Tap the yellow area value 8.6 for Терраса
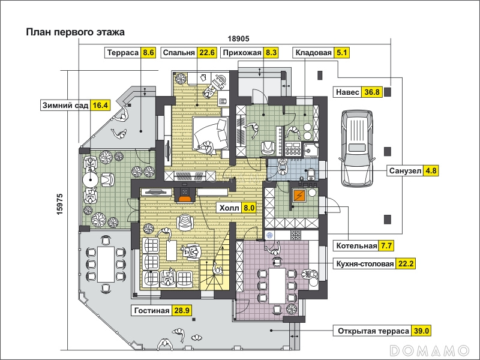[x=149, y=53]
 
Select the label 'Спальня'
[x=179, y=53]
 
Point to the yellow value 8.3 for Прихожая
[x=271, y=53]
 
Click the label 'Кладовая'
[x=313, y=53]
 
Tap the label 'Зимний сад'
[x=65, y=106]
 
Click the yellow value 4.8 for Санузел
[x=431, y=170]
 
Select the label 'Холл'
[x=230, y=208]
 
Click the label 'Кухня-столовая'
[x=364, y=263]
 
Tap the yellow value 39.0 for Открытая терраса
[x=422, y=331]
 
